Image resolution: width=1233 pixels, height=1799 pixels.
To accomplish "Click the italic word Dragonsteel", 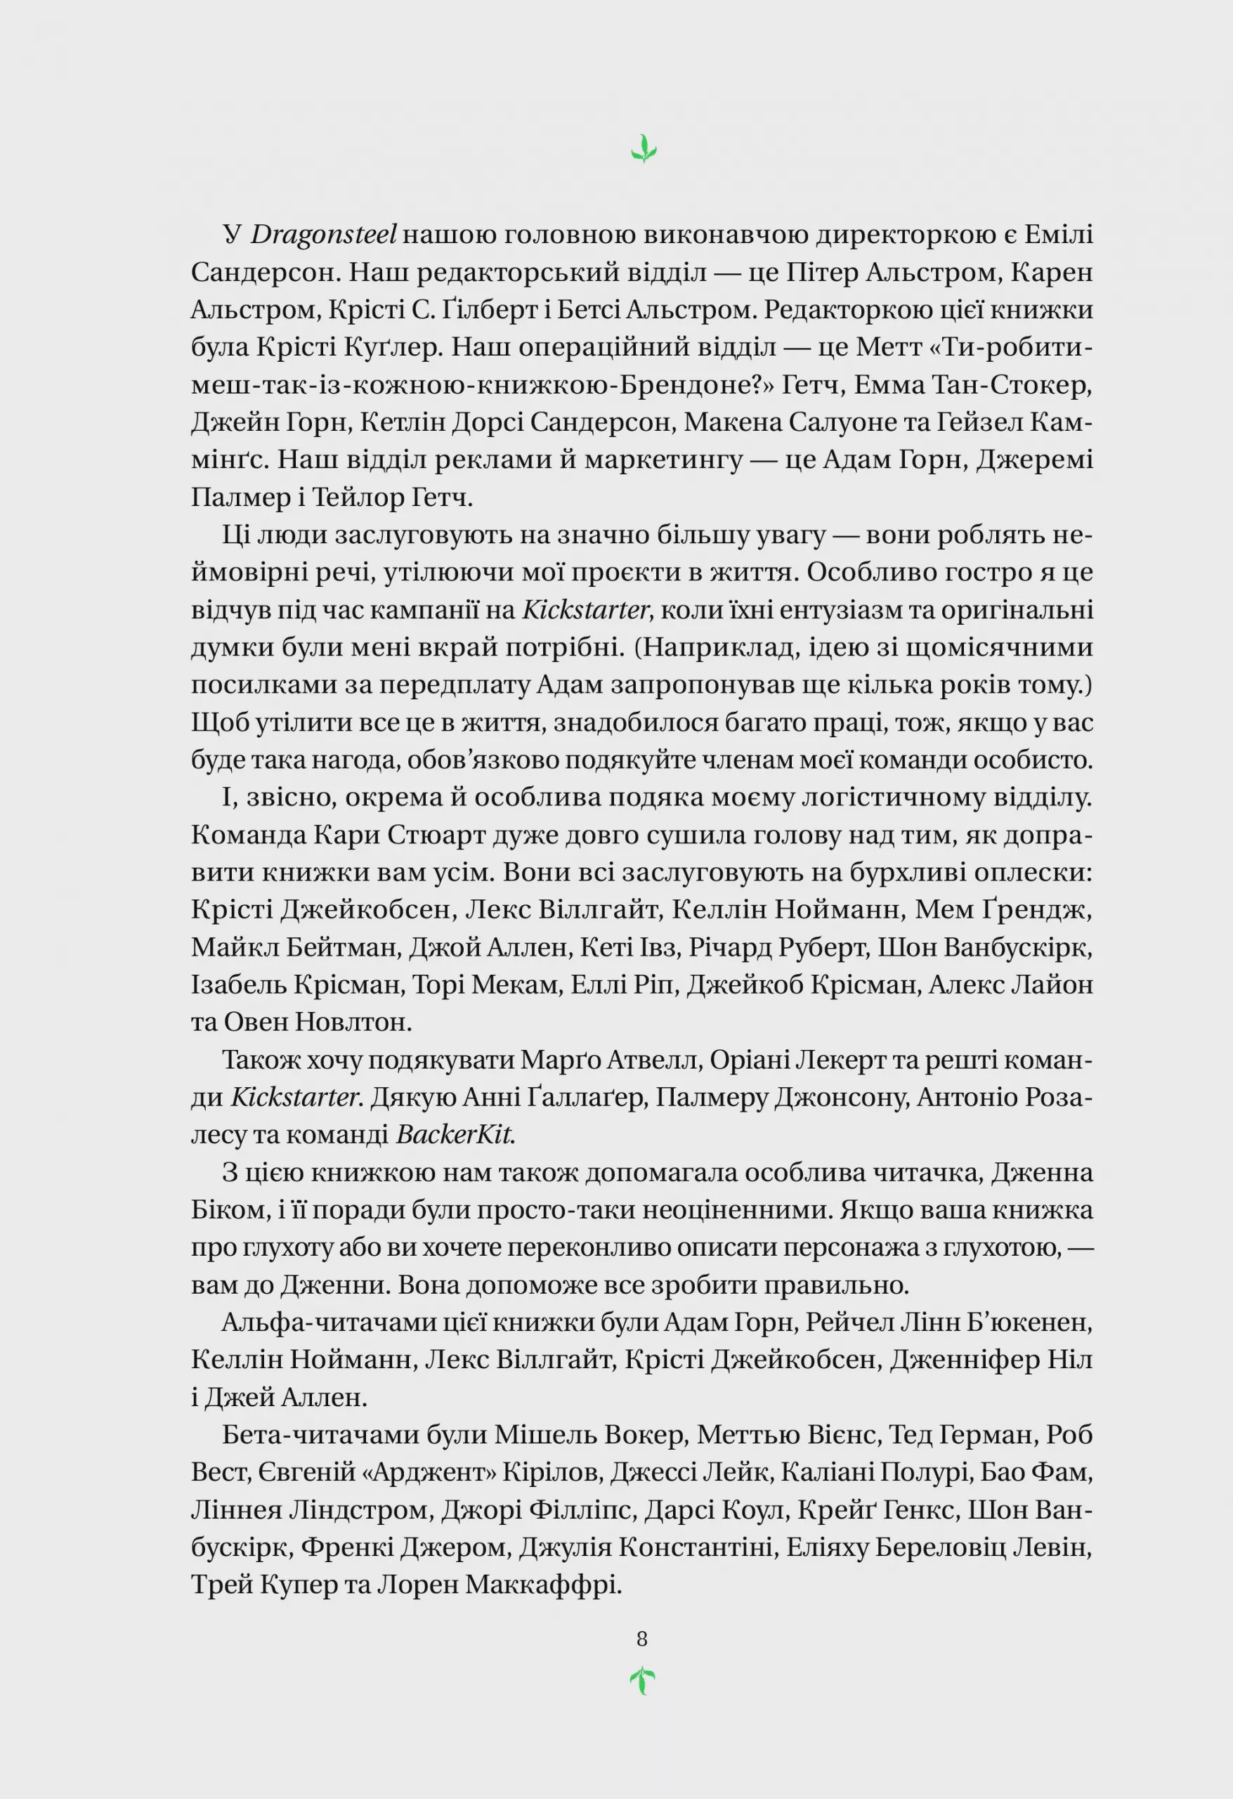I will pos(324,235).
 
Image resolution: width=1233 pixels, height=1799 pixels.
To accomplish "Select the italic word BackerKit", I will pos(456,1135).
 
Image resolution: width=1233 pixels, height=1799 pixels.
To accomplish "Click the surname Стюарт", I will pos(435,836).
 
